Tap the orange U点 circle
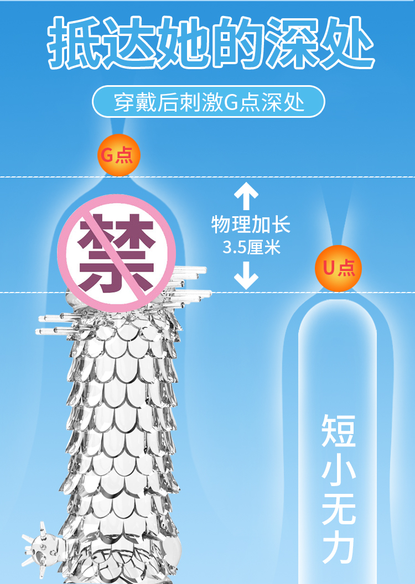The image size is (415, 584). point(339,268)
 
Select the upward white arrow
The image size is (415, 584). point(246,197)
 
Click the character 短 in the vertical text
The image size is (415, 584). point(338,432)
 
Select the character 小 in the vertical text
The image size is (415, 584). point(338,470)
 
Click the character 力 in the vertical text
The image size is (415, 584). point(338,545)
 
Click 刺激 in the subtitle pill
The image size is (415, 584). point(200,102)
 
